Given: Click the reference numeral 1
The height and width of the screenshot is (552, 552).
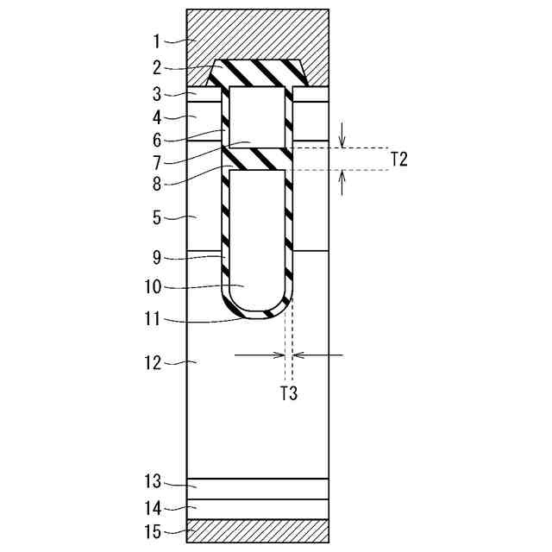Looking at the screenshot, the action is coord(157,41).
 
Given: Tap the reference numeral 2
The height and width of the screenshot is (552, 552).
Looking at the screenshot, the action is coord(157,67).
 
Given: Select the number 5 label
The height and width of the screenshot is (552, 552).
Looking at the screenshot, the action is coord(157,218).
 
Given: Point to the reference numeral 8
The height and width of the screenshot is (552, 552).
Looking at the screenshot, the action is coord(157,184).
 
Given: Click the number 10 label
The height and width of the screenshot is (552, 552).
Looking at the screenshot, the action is coord(154,287).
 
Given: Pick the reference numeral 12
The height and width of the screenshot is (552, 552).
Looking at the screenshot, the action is coord(154,363).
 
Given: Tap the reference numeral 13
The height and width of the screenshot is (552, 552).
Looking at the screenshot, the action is coord(154,481).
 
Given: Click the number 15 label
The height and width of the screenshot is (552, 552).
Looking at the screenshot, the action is coord(154,532).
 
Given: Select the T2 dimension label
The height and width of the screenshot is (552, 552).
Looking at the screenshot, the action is coord(399,160).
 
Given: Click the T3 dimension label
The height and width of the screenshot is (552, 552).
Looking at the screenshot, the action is coord(289,393).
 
